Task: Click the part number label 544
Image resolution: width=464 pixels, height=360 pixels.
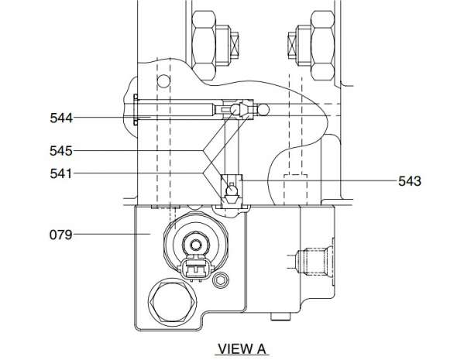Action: (x=61, y=118)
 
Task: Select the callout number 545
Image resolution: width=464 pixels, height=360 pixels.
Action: (x=61, y=151)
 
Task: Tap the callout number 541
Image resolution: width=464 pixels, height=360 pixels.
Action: (x=61, y=173)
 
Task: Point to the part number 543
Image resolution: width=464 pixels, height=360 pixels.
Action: (x=410, y=181)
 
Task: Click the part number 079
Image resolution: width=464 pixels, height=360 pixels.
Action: (x=61, y=235)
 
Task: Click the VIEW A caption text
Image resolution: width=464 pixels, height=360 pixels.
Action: (x=242, y=348)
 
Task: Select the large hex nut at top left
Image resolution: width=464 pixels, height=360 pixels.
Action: (x=204, y=45)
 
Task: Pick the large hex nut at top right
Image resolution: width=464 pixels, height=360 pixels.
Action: (x=323, y=45)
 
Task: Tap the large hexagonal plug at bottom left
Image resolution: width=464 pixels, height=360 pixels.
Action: (x=173, y=302)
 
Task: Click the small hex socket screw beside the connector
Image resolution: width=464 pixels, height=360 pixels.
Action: (x=221, y=279)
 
